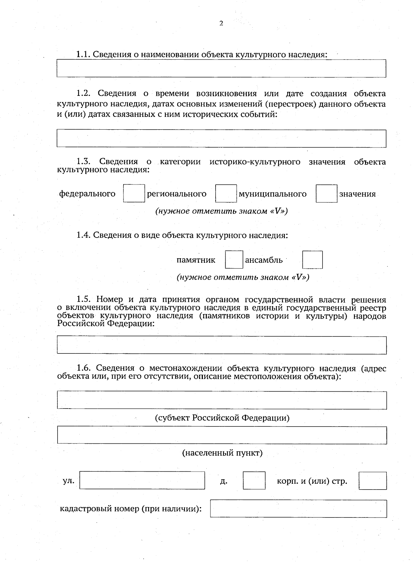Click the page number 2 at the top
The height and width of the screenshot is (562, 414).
click(x=221, y=23)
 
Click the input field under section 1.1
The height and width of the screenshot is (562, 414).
click(x=221, y=68)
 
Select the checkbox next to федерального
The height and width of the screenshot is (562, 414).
click(x=134, y=193)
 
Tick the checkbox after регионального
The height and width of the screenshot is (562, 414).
click(x=226, y=193)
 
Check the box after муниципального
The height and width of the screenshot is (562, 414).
click(x=326, y=193)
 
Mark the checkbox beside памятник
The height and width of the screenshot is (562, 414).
click(x=234, y=260)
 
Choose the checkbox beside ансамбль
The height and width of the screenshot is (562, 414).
click(x=313, y=260)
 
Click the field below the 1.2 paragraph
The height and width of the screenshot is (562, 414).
click(x=221, y=138)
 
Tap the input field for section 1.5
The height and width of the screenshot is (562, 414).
click(x=221, y=345)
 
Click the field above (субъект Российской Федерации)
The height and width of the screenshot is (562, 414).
click(x=221, y=400)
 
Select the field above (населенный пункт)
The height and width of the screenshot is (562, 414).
click(x=221, y=435)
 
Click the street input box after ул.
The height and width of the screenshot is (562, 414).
click(x=142, y=480)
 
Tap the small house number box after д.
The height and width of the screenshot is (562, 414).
click(x=254, y=480)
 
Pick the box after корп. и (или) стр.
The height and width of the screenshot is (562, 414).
click(x=373, y=481)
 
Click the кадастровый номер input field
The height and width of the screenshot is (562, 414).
click(x=298, y=509)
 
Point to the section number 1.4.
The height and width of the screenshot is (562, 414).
click(x=84, y=235)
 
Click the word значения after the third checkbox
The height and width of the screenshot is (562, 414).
click(x=357, y=194)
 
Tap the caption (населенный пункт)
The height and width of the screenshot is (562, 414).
click(x=222, y=453)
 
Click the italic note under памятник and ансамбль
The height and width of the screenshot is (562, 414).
click(x=243, y=277)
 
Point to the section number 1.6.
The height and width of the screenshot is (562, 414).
click(x=84, y=368)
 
